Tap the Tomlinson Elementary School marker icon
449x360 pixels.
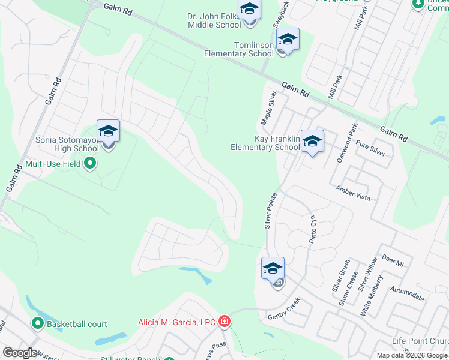(x=288, y=40)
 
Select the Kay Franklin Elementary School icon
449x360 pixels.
(x=312, y=142)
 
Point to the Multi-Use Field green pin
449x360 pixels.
(x=90, y=163)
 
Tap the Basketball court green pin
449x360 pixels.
(x=37, y=324)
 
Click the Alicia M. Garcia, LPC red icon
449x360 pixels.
(x=224, y=322)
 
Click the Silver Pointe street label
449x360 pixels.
(x=271, y=211)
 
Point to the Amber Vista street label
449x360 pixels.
(x=352, y=193)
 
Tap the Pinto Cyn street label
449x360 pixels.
(x=312, y=229)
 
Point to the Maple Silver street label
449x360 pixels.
(x=268, y=108)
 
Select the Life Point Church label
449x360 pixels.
(x=420, y=341)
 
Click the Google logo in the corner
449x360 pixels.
(x=20, y=353)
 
